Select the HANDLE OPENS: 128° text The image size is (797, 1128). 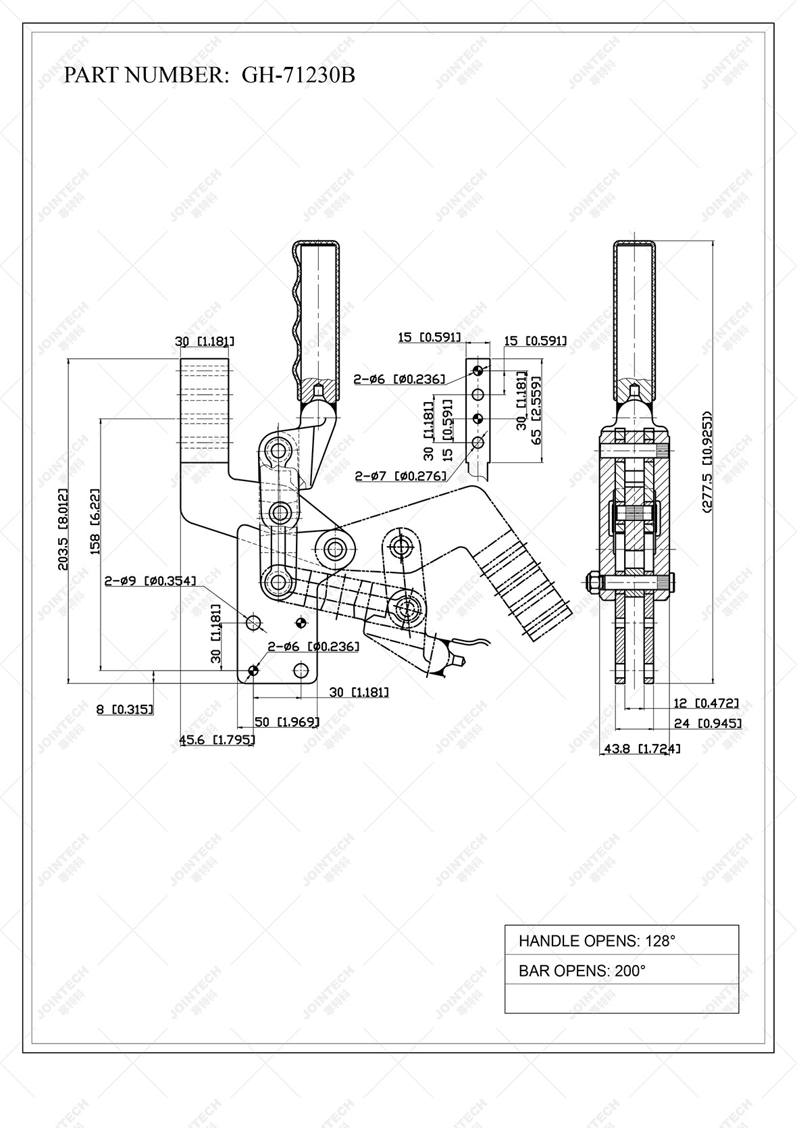596,940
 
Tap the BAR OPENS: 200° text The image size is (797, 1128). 582,971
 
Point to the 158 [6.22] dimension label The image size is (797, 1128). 95,521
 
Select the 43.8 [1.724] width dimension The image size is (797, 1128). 641,748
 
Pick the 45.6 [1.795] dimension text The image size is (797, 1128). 217,740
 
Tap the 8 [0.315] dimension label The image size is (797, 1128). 124,709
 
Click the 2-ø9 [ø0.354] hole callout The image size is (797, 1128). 150,580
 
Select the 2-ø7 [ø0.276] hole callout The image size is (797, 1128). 401,476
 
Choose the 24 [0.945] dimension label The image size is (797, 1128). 707,723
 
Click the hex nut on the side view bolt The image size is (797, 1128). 592,582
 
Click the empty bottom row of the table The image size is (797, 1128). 621,998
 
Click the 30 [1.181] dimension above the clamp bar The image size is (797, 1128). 205,341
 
